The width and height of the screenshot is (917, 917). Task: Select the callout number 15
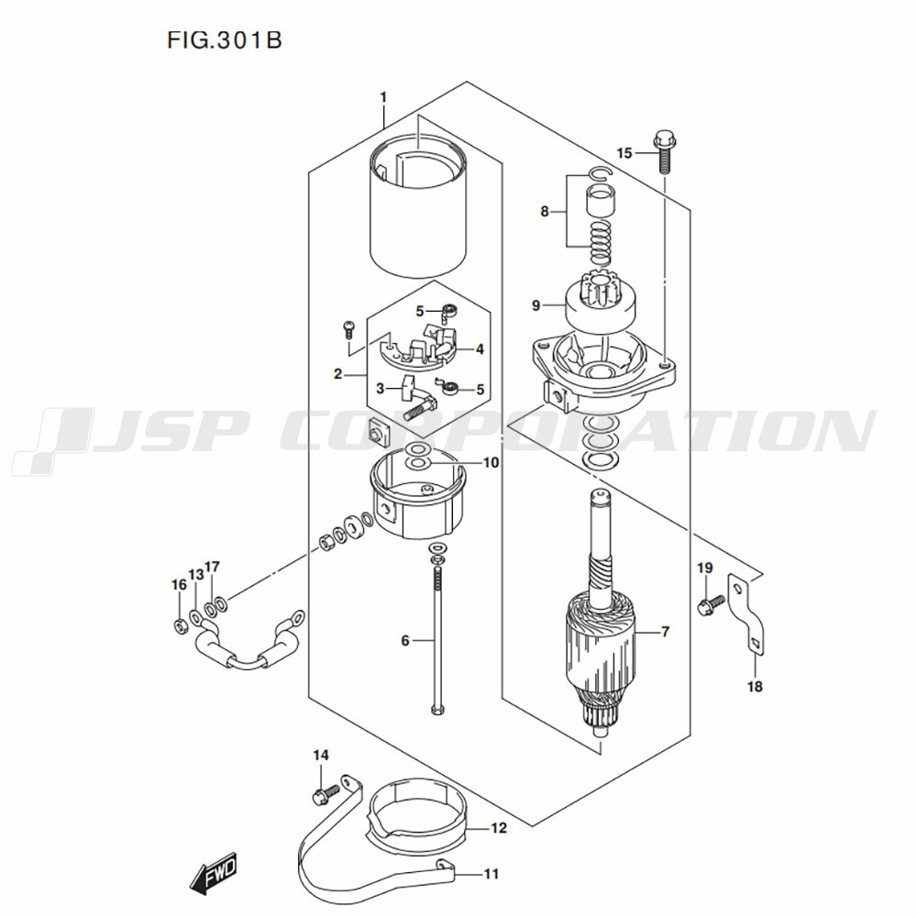click(624, 153)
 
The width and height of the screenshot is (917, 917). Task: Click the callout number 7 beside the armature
click(665, 632)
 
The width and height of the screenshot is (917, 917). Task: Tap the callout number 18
click(755, 686)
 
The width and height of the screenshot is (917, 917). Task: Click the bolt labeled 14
click(322, 790)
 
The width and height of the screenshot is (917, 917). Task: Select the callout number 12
click(497, 829)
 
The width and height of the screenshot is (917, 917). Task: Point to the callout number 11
click(491, 874)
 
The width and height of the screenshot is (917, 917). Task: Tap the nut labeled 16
click(180, 626)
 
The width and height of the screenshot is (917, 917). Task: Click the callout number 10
click(491, 463)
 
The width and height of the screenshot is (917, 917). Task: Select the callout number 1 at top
click(383, 97)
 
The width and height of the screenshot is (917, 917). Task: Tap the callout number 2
click(338, 374)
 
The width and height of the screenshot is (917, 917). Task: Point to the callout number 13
click(195, 574)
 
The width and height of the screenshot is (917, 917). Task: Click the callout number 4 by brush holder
click(480, 348)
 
